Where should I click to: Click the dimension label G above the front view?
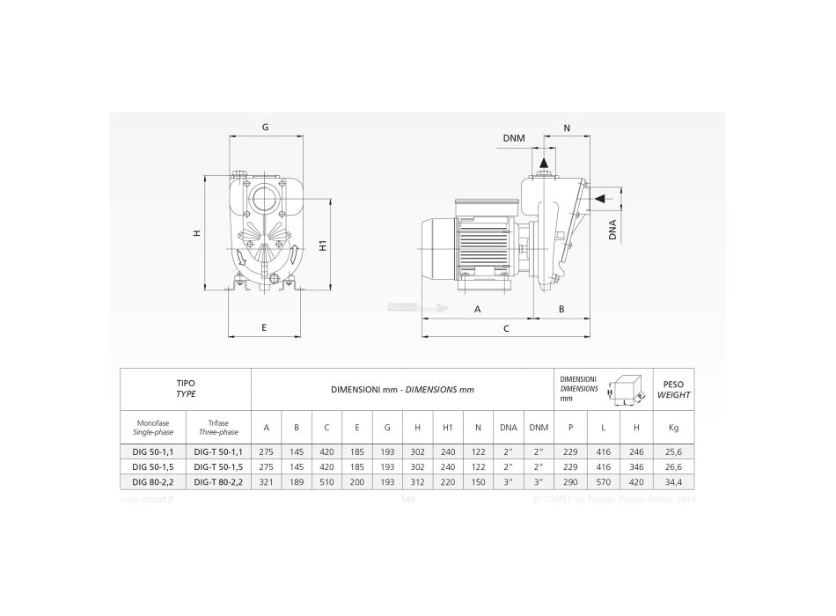(x=265, y=127)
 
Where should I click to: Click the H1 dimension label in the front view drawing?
(x=323, y=246)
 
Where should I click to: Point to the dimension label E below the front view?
(x=264, y=327)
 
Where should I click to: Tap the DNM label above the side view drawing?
(x=514, y=138)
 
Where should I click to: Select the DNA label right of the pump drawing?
(x=612, y=230)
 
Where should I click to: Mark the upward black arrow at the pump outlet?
(x=544, y=164)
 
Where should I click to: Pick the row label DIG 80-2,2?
(x=152, y=481)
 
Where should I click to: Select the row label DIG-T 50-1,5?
(x=216, y=466)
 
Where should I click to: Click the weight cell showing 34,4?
(x=673, y=481)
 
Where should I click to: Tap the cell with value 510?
(x=326, y=481)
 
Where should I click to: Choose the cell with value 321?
(x=267, y=481)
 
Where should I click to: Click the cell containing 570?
(x=604, y=481)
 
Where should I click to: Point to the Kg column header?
(x=673, y=428)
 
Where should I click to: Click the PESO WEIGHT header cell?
(x=673, y=389)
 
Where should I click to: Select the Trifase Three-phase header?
(x=216, y=428)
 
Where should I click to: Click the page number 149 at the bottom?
(x=407, y=499)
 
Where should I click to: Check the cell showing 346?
(x=636, y=466)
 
